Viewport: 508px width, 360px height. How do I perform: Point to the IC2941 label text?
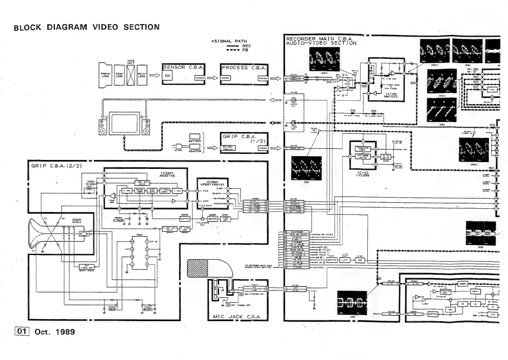(212, 181)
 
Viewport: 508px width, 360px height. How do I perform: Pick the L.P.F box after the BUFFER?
(346, 260)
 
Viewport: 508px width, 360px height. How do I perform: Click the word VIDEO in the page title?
(106, 27)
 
